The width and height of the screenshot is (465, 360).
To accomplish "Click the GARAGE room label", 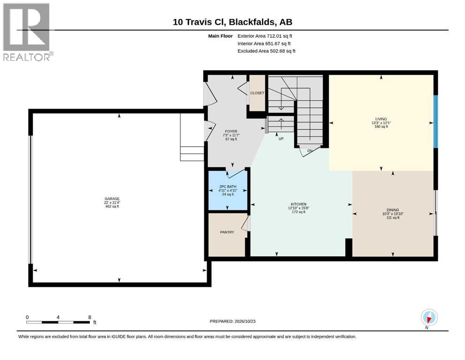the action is pyautogui.click(x=112, y=199).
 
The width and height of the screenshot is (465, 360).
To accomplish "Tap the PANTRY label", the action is pyautogui.click(x=227, y=232).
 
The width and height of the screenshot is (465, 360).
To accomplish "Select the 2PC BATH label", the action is pyautogui.click(x=228, y=187).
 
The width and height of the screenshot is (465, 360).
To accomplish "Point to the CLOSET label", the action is pyautogui.click(x=257, y=93).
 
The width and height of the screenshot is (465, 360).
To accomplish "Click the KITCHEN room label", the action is pyautogui.click(x=298, y=204).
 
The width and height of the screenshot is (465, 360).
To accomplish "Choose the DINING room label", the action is pyautogui.click(x=392, y=210).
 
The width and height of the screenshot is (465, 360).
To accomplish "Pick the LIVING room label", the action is pyautogui.click(x=381, y=119).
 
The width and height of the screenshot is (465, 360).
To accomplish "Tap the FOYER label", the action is pyautogui.click(x=231, y=131).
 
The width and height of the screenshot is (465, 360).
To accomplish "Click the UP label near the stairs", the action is pyautogui.click(x=281, y=139).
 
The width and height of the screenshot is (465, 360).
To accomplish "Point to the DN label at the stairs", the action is pyautogui.click(x=310, y=151).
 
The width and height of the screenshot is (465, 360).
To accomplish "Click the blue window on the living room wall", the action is pyautogui.click(x=435, y=121).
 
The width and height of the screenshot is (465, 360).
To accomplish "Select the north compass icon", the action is pyautogui.click(x=429, y=317).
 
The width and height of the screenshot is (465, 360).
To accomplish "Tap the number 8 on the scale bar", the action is pyautogui.click(x=89, y=317).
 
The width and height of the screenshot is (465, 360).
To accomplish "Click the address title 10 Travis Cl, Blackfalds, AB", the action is pyautogui.click(x=232, y=22).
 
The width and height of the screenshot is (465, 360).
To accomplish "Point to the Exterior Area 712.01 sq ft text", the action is pyautogui.click(x=265, y=36).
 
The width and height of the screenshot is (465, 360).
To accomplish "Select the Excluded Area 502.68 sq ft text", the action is pyautogui.click(x=266, y=51).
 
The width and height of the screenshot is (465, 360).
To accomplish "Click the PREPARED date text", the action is pyautogui.click(x=232, y=321).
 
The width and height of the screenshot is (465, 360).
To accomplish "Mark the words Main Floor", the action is pyautogui.click(x=221, y=36).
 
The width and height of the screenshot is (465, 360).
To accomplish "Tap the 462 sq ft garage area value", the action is pyautogui.click(x=112, y=206).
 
